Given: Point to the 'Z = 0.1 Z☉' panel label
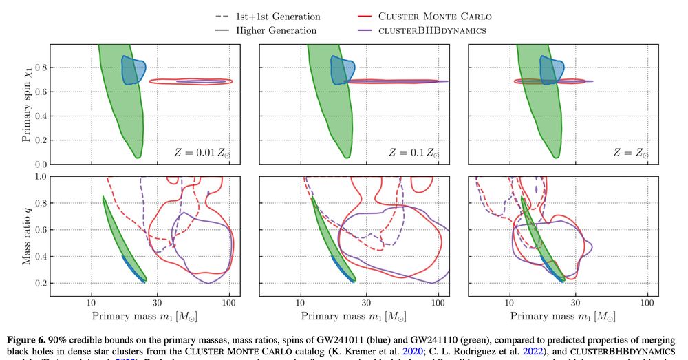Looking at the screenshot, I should click(x=411, y=153).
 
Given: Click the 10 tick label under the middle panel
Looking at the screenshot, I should click(x=301, y=301).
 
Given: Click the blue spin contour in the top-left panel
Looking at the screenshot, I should click(x=133, y=70).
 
